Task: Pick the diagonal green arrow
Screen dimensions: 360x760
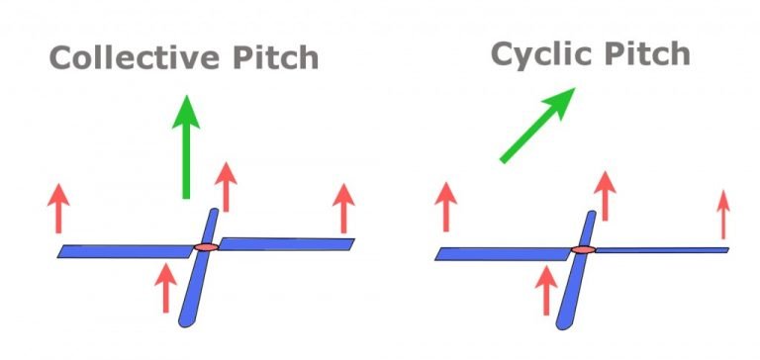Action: (536, 124)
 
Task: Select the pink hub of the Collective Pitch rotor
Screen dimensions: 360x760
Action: (205, 246)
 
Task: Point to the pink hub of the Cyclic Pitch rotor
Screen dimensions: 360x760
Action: (583, 249)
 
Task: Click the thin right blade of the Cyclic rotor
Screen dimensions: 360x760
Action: (663, 249)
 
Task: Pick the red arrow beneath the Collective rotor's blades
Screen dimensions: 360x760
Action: (165, 288)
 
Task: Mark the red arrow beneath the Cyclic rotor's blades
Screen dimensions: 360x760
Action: (543, 289)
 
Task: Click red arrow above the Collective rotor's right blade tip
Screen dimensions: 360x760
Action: (343, 208)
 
